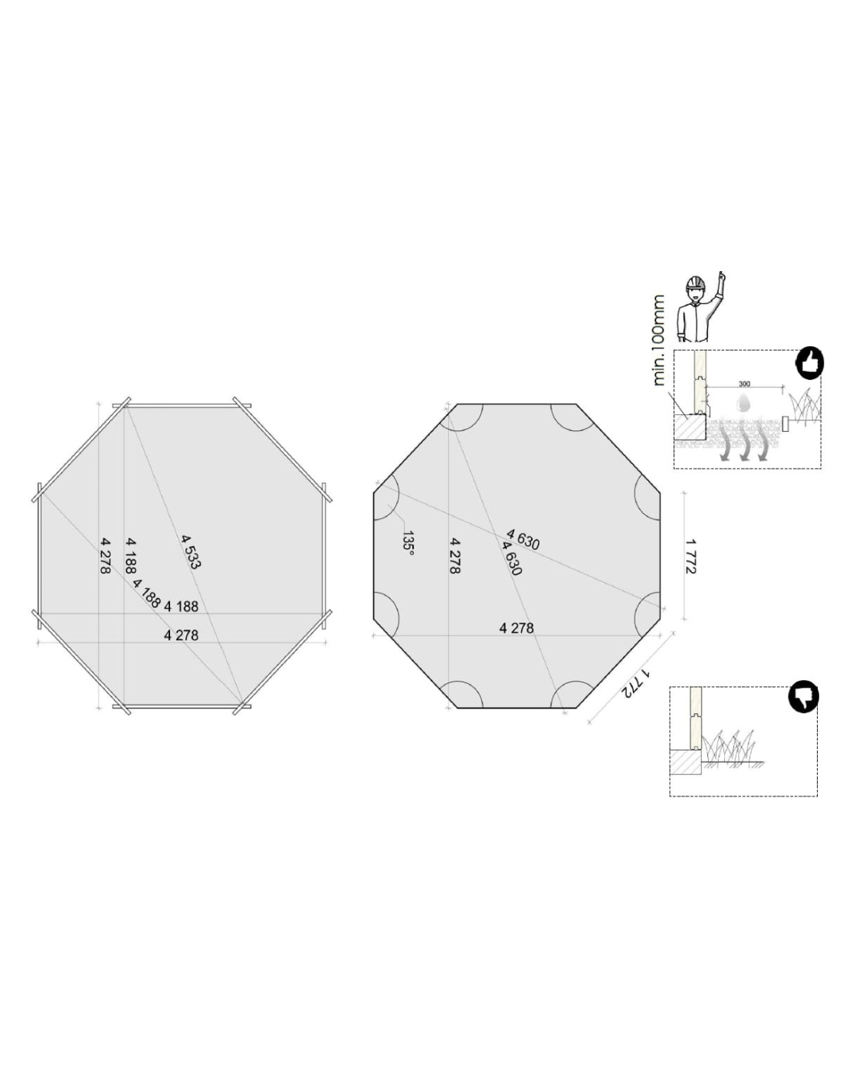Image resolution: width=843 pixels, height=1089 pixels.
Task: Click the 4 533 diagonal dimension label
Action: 191,551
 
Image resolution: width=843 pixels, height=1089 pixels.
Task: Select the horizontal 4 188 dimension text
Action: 181,607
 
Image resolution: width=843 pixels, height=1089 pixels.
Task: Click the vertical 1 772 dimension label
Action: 692,556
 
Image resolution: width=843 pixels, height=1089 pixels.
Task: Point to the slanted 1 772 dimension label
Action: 638,685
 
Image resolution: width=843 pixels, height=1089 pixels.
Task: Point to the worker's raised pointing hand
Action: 722,278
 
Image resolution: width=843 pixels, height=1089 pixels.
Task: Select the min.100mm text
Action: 658,340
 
